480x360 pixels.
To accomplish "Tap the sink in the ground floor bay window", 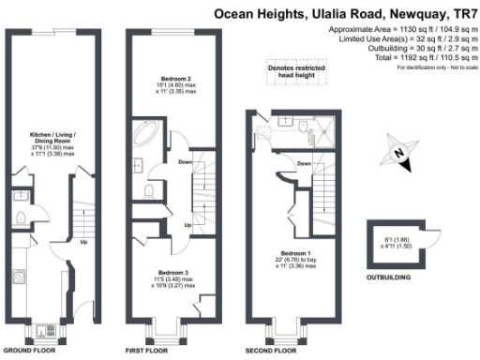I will click(x=46, y=330).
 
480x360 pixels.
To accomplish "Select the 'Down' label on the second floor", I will click(x=303, y=164).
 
